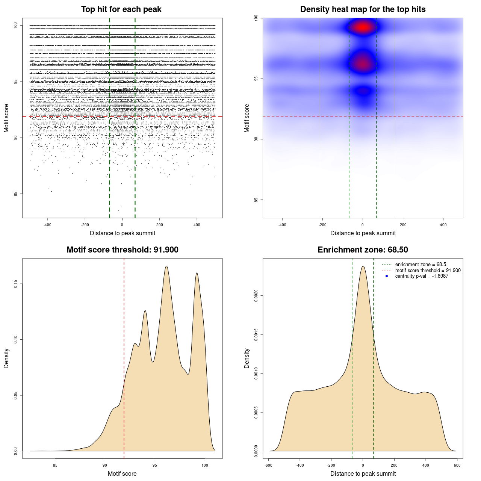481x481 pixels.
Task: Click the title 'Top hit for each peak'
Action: pyautogui.click(x=121, y=9)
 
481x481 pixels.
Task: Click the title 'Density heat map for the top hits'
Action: pyautogui.click(x=363, y=9)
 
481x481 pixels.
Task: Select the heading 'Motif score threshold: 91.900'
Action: pyautogui.click(x=122, y=250)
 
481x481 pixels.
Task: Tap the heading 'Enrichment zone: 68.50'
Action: pyautogui.click(x=363, y=250)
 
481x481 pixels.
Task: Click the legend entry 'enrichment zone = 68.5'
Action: pyautogui.click(x=420, y=265)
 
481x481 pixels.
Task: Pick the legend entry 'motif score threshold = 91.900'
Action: pyautogui.click(x=428, y=271)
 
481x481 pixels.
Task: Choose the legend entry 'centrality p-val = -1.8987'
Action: pyautogui.click(x=422, y=276)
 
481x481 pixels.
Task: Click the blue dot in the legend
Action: pyautogui.click(x=387, y=276)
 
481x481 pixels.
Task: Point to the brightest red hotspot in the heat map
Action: pyautogui.click(x=363, y=27)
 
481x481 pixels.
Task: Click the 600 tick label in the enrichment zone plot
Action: pyautogui.click(x=457, y=465)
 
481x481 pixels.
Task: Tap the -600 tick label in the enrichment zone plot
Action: pyautogui.click(x=268, y=465)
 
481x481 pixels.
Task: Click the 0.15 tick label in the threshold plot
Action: pyautogui.click(x=16, y=284)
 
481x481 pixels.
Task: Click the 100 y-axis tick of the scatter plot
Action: pyautogui.click(x=16, y=25)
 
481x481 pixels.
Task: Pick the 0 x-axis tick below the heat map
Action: pyautogui.click(x=363, y=225)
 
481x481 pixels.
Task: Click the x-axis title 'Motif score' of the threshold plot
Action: pyautogui.click(x=122, y=473)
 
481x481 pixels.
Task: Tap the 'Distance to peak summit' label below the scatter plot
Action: pyautogui.click(x=123, y=233)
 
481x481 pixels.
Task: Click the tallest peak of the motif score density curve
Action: pyautogui.click(x=166, y=266)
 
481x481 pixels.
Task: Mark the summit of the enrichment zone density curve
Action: pyautogui.click(x=363, y=266)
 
